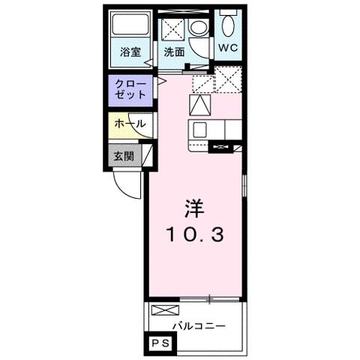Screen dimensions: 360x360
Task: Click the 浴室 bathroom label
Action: (x=130, y=53)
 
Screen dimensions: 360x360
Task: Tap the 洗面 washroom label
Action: (x=175, y=53)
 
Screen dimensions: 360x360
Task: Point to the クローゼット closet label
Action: (x=130, y=91)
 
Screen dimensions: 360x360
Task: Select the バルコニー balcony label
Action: (x=198, y=325)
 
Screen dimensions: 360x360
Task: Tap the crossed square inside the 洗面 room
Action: (x=173, y=31)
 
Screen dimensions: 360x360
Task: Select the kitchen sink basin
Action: (x=201, y=130)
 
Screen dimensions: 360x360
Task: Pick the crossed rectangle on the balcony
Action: (x=166, y=310)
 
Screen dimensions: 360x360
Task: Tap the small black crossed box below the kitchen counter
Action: (x=222, y=147)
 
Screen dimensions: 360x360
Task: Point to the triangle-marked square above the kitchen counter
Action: (x=200, y=105)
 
